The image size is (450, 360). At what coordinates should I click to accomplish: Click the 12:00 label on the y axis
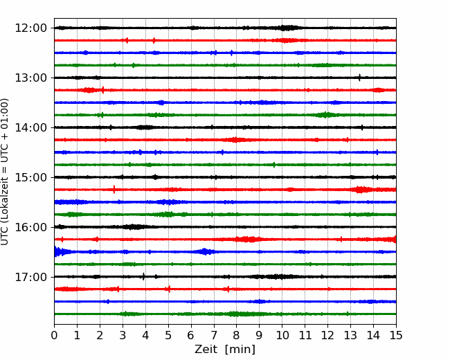tap(30, 28)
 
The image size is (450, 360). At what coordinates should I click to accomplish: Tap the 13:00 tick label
tap(30, 78)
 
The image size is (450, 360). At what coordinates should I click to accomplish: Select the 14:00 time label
tap(30, 127)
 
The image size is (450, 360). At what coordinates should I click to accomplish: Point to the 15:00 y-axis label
tap(30, 177)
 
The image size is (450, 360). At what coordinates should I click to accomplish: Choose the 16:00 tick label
tap(30, 227)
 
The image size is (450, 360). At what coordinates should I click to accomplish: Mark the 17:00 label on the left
tap(30, 277)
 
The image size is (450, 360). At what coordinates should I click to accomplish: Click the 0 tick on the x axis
tap(54, 335)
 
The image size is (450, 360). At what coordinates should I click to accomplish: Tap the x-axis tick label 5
tap(168, 335)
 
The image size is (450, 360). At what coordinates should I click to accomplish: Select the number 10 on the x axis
tap(282, 335)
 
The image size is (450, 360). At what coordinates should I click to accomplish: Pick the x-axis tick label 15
tap(396, 335)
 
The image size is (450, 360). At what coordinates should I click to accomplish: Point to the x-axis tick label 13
tap(350, 335)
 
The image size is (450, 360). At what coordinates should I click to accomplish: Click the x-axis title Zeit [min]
tap(225, 350)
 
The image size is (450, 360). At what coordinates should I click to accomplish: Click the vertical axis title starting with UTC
tap(5, 172)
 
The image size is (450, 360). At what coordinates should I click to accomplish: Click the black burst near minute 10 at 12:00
tap(285, 28)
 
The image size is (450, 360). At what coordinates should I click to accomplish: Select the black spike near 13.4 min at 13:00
tap(359, 78)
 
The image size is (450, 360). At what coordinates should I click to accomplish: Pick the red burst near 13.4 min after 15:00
tap(360, 190)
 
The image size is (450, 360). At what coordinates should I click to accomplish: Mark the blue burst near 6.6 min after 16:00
tap(205, 252)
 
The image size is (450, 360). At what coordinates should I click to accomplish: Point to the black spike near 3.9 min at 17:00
tap(143, 276)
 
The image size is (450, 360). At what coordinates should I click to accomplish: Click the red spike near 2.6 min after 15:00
tap(114, 190)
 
